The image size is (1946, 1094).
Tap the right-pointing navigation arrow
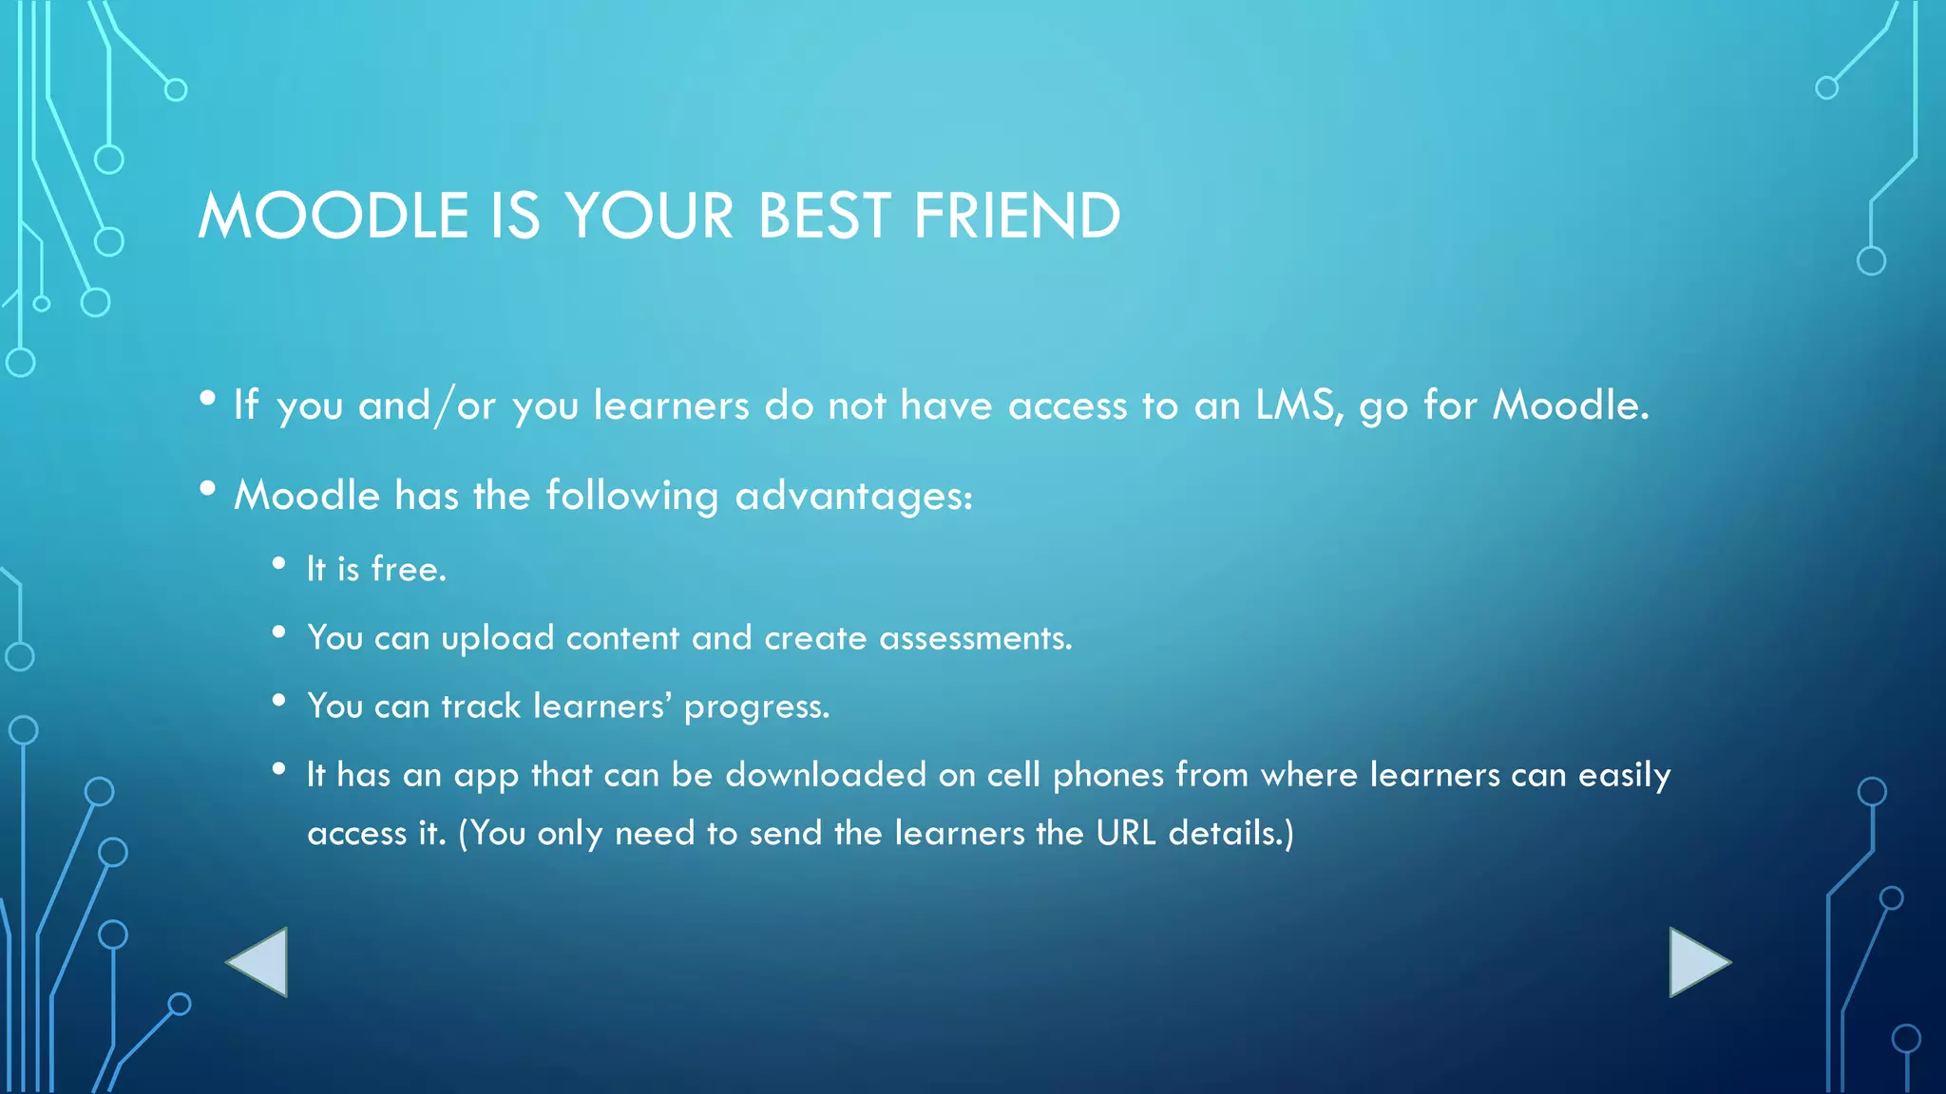pyautogui.click(x=1696, y=962)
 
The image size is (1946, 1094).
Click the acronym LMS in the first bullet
pyautogui.click(x=1298, y=406)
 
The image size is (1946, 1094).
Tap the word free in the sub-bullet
pyautogui.click(x=408, y=569)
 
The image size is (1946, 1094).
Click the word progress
pyautogui.click(x=756, y=707)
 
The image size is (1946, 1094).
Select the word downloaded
pyautogui.click(x=826, y=775)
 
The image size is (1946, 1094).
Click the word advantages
pyautogui.click(x=853, y=497)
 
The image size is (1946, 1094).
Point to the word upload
pyautogui.click(x=498, y=638)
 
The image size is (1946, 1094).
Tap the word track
pyautogui.click(x=481, y=707)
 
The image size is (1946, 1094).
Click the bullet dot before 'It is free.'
pyautogui.click(x=278, y=564)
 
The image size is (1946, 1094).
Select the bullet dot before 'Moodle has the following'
pyautogui.click(x=207, y=489)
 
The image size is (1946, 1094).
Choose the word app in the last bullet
pyautogui.click(x=486, y=777)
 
